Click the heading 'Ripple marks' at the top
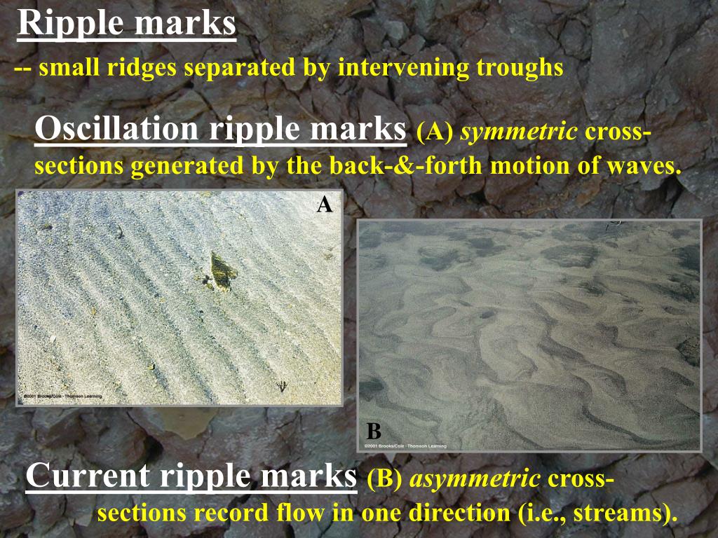[x=126, y=24]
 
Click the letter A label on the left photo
[x=324, y=205]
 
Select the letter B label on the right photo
[x=374, y=431]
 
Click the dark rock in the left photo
[x=221, y=271]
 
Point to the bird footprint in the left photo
[x=283, y=385]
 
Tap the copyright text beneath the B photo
[x=405, y=446]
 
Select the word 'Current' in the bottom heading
[x=88, y=477]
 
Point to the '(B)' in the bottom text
[x=384, y=479]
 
